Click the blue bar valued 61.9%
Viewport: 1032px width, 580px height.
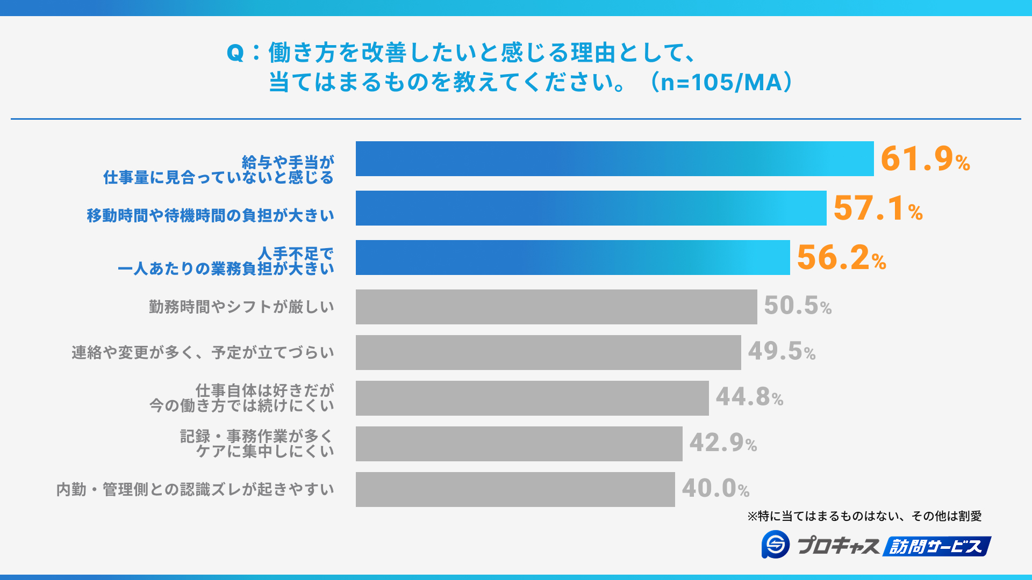[614, 159]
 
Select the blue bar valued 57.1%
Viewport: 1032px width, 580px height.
[591, 208]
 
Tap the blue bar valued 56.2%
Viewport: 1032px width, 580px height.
[572, 258]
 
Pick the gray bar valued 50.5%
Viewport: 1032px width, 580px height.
[556, 307]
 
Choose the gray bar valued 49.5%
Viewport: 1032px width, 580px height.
[548, 353]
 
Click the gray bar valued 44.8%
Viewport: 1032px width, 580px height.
[532, 398]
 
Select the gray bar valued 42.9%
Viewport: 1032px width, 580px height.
[519, 444]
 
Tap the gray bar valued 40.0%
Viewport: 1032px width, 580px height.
[515, 490]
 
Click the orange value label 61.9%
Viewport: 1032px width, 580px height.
[924, 159]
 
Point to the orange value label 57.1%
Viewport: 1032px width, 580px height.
[877, 208]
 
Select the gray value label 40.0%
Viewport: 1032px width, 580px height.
[715, 489]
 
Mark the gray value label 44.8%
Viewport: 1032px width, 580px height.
[749, 397]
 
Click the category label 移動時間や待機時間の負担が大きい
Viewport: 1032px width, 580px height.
[210, 215]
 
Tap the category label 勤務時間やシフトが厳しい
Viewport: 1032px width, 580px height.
[241, 307]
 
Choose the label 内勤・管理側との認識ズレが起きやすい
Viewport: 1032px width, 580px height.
[195, 489]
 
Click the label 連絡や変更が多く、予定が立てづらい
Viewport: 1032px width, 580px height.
[203, 352]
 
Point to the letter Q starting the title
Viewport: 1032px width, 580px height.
[235, 53]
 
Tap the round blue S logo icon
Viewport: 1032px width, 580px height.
[775, 545]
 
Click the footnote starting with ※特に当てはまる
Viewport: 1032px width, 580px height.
[864, 516]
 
